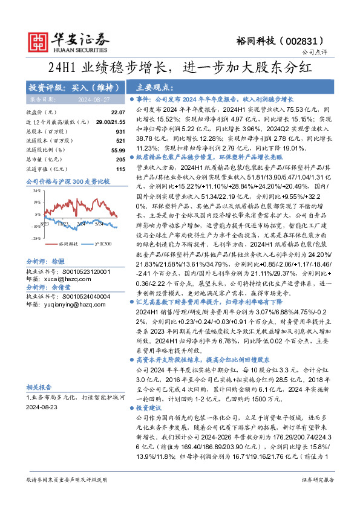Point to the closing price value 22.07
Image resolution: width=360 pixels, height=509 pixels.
pos(118,113)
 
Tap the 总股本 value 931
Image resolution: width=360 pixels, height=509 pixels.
pos(120,131)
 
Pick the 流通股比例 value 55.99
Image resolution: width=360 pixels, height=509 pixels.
pos(117,149)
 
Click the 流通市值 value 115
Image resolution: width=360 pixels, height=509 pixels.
pos(120,168)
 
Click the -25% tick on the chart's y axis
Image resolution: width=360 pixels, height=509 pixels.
pos(36,238)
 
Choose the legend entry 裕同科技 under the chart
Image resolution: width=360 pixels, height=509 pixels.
pos(67,244)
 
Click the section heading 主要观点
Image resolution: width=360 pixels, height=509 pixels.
pos(152,86)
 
